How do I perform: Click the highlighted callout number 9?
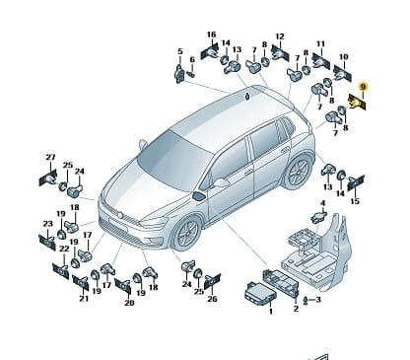363,87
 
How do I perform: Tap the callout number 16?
212,35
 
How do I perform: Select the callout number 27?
50,158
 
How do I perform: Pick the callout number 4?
323,203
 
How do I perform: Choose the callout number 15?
355,201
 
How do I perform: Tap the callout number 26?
212,299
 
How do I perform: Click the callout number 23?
48,224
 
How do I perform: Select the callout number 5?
180,51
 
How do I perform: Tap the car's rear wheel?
298,172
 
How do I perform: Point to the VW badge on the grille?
120,215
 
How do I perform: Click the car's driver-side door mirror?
221,182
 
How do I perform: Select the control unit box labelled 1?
260,291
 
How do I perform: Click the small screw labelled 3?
306,300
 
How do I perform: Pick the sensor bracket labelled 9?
357,102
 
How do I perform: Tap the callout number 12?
280,36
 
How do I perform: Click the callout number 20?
129,302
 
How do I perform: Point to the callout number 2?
296,309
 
